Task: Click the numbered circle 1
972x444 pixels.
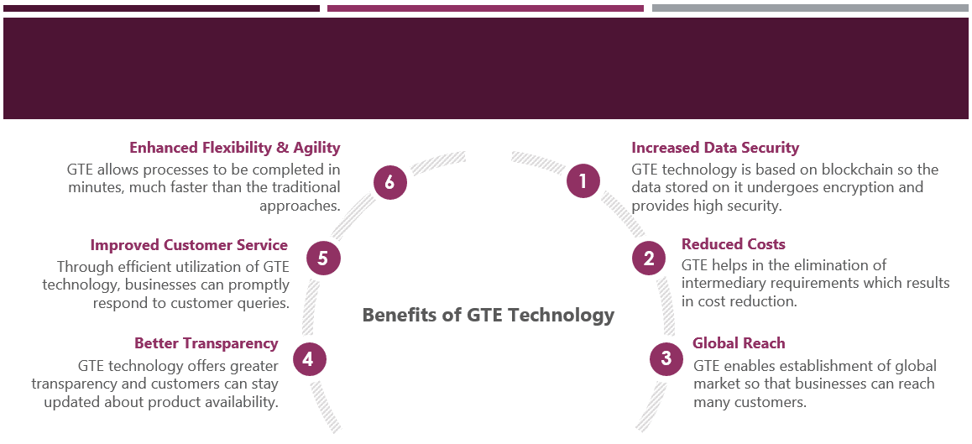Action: (583, 180)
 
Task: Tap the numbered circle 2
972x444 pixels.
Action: (649, 259)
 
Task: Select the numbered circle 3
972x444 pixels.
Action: (666, 359)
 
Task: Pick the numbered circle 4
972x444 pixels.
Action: (309, 360)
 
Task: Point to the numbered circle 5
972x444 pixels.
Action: (323, 259)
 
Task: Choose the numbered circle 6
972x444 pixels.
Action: (389, 181)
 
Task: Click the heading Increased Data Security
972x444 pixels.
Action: (715, 148)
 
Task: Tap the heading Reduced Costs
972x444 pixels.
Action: (733, 244)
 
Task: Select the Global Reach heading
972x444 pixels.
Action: (739, 343)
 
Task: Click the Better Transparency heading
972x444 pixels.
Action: (206, 343)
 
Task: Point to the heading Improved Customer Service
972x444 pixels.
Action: (189, 245)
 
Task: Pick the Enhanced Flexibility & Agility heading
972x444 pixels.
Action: (235, 148)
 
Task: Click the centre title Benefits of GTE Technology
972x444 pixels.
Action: (489, 316)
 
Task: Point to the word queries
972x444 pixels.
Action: (263, 302)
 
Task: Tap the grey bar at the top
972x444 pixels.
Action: (810, 8)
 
